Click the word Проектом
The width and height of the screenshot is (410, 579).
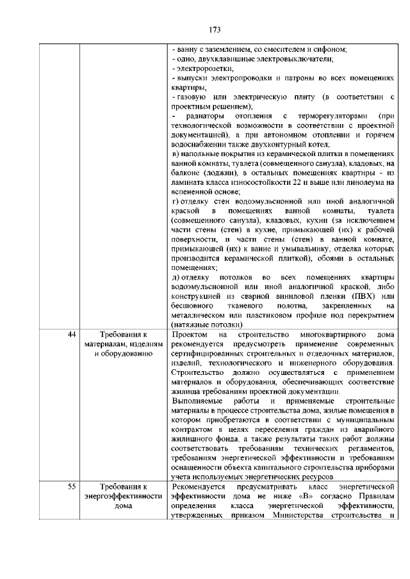190,336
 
